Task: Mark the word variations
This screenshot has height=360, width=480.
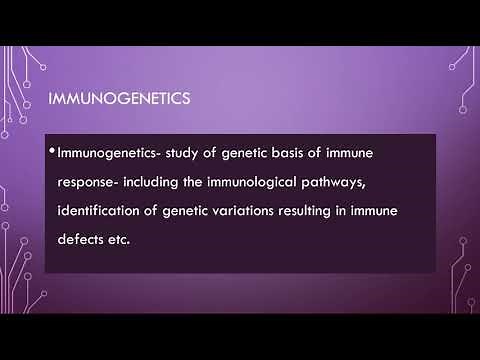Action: coord(267,214)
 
